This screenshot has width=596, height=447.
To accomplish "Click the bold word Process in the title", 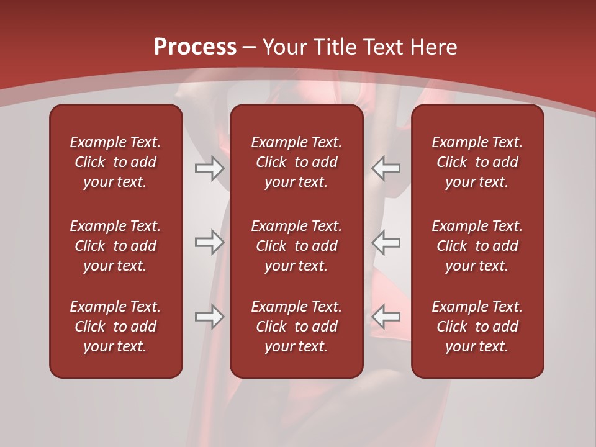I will tap(195, 47).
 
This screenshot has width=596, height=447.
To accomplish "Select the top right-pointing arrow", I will tap(209, 168).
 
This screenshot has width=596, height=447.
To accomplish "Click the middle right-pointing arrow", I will tap(209, 242).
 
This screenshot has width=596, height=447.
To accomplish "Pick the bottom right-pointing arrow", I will tap(209, 317).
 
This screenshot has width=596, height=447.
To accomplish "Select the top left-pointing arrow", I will tap(386, 168).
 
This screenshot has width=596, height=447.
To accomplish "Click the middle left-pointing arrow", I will tap(386, 242).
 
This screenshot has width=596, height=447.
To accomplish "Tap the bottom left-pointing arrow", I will tap(386, 317).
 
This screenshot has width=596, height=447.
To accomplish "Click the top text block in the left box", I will tap(115, 162).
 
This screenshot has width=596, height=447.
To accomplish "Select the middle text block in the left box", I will tap(115, 246).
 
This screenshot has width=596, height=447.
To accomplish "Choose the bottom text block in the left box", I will tap(115, 327).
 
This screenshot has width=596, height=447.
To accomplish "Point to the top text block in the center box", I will tap(296, 162).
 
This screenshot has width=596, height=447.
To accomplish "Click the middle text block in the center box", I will tap(296, 246).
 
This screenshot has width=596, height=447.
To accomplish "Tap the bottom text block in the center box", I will tap(296, 327).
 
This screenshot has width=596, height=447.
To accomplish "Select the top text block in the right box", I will tap(477, 162).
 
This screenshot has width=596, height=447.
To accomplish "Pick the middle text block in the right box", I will tap(477, 246).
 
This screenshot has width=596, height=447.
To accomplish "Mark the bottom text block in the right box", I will tap(477, 327).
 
